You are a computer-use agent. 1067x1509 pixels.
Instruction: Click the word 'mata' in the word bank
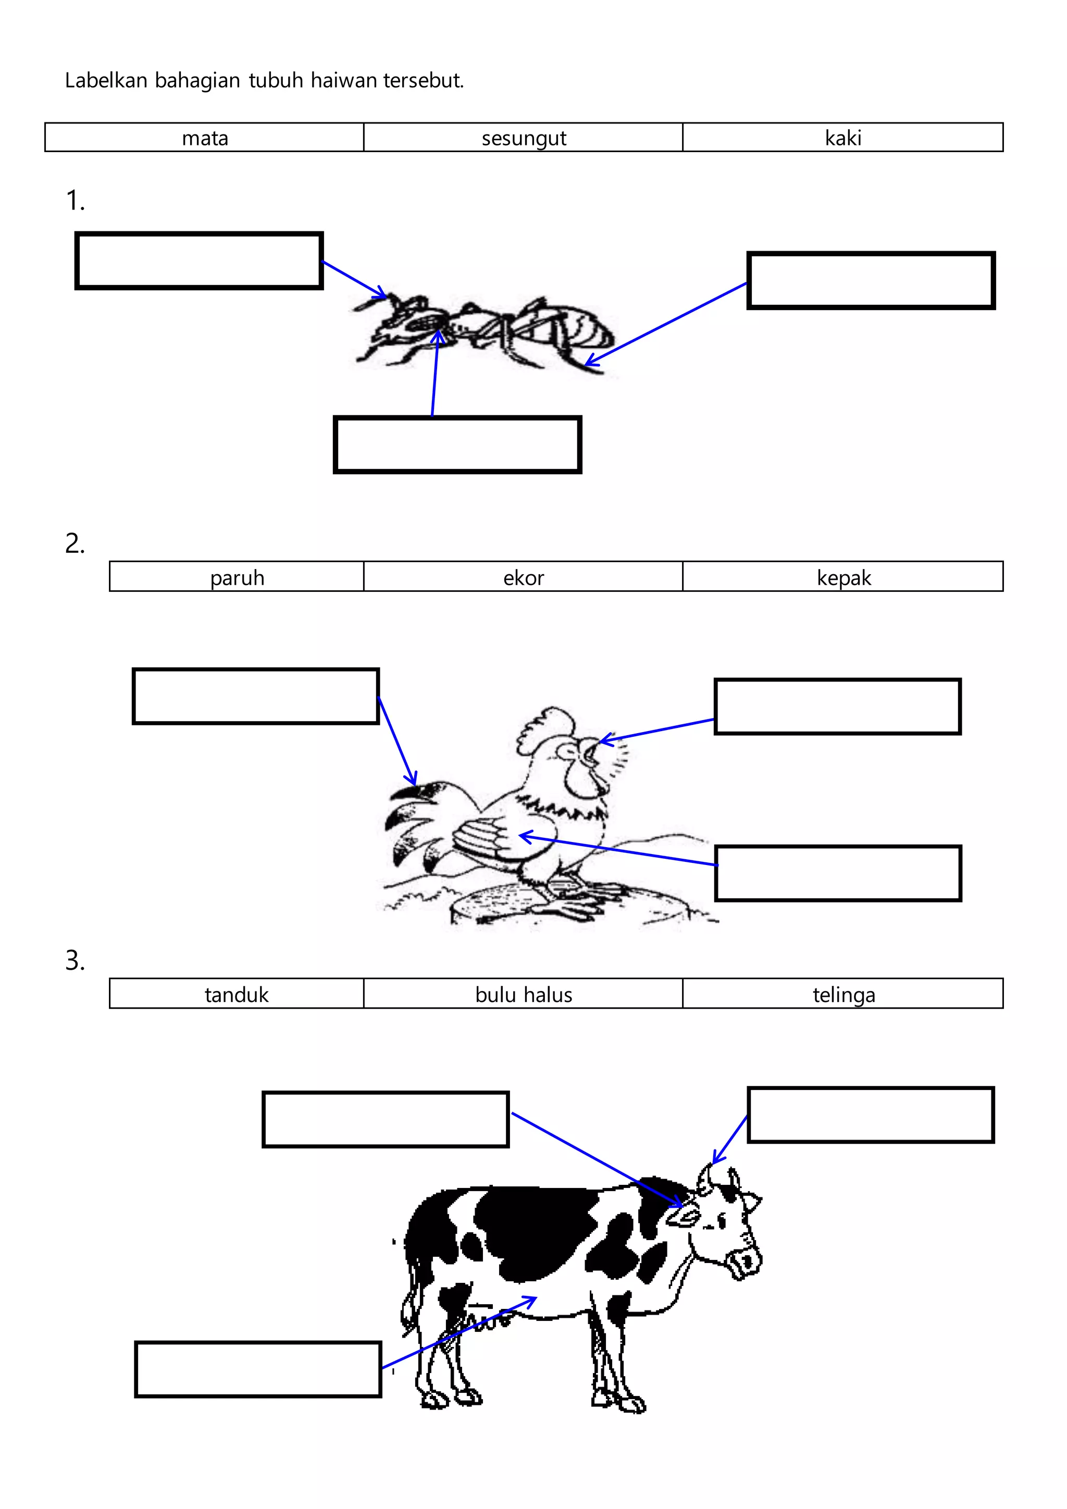point(205,138)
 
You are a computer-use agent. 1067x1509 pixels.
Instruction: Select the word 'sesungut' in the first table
point(524,138)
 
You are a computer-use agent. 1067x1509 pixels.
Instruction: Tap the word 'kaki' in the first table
point(842,138)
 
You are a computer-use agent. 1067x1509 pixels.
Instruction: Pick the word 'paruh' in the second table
point(237,578)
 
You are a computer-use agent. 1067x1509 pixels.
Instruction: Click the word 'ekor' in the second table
point(524,578)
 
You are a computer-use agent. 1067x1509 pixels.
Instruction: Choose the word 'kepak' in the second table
point(843,578)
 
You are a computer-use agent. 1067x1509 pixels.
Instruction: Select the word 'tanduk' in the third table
point(237,994)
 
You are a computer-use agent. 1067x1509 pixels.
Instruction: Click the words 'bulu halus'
point(524,994)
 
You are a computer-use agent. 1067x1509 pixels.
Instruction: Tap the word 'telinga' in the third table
point(843,994)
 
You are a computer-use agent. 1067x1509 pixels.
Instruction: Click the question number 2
point(75,543)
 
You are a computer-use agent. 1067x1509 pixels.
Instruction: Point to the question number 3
point(75,960)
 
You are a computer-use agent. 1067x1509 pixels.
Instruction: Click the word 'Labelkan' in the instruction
point(106,80)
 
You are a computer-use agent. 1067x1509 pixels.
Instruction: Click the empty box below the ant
point(457,444)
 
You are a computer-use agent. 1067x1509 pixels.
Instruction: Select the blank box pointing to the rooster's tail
point(256,696)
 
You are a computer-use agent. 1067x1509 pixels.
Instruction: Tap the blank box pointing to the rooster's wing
point(838,873)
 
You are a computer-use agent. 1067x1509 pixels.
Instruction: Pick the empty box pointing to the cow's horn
point(871,1115)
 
